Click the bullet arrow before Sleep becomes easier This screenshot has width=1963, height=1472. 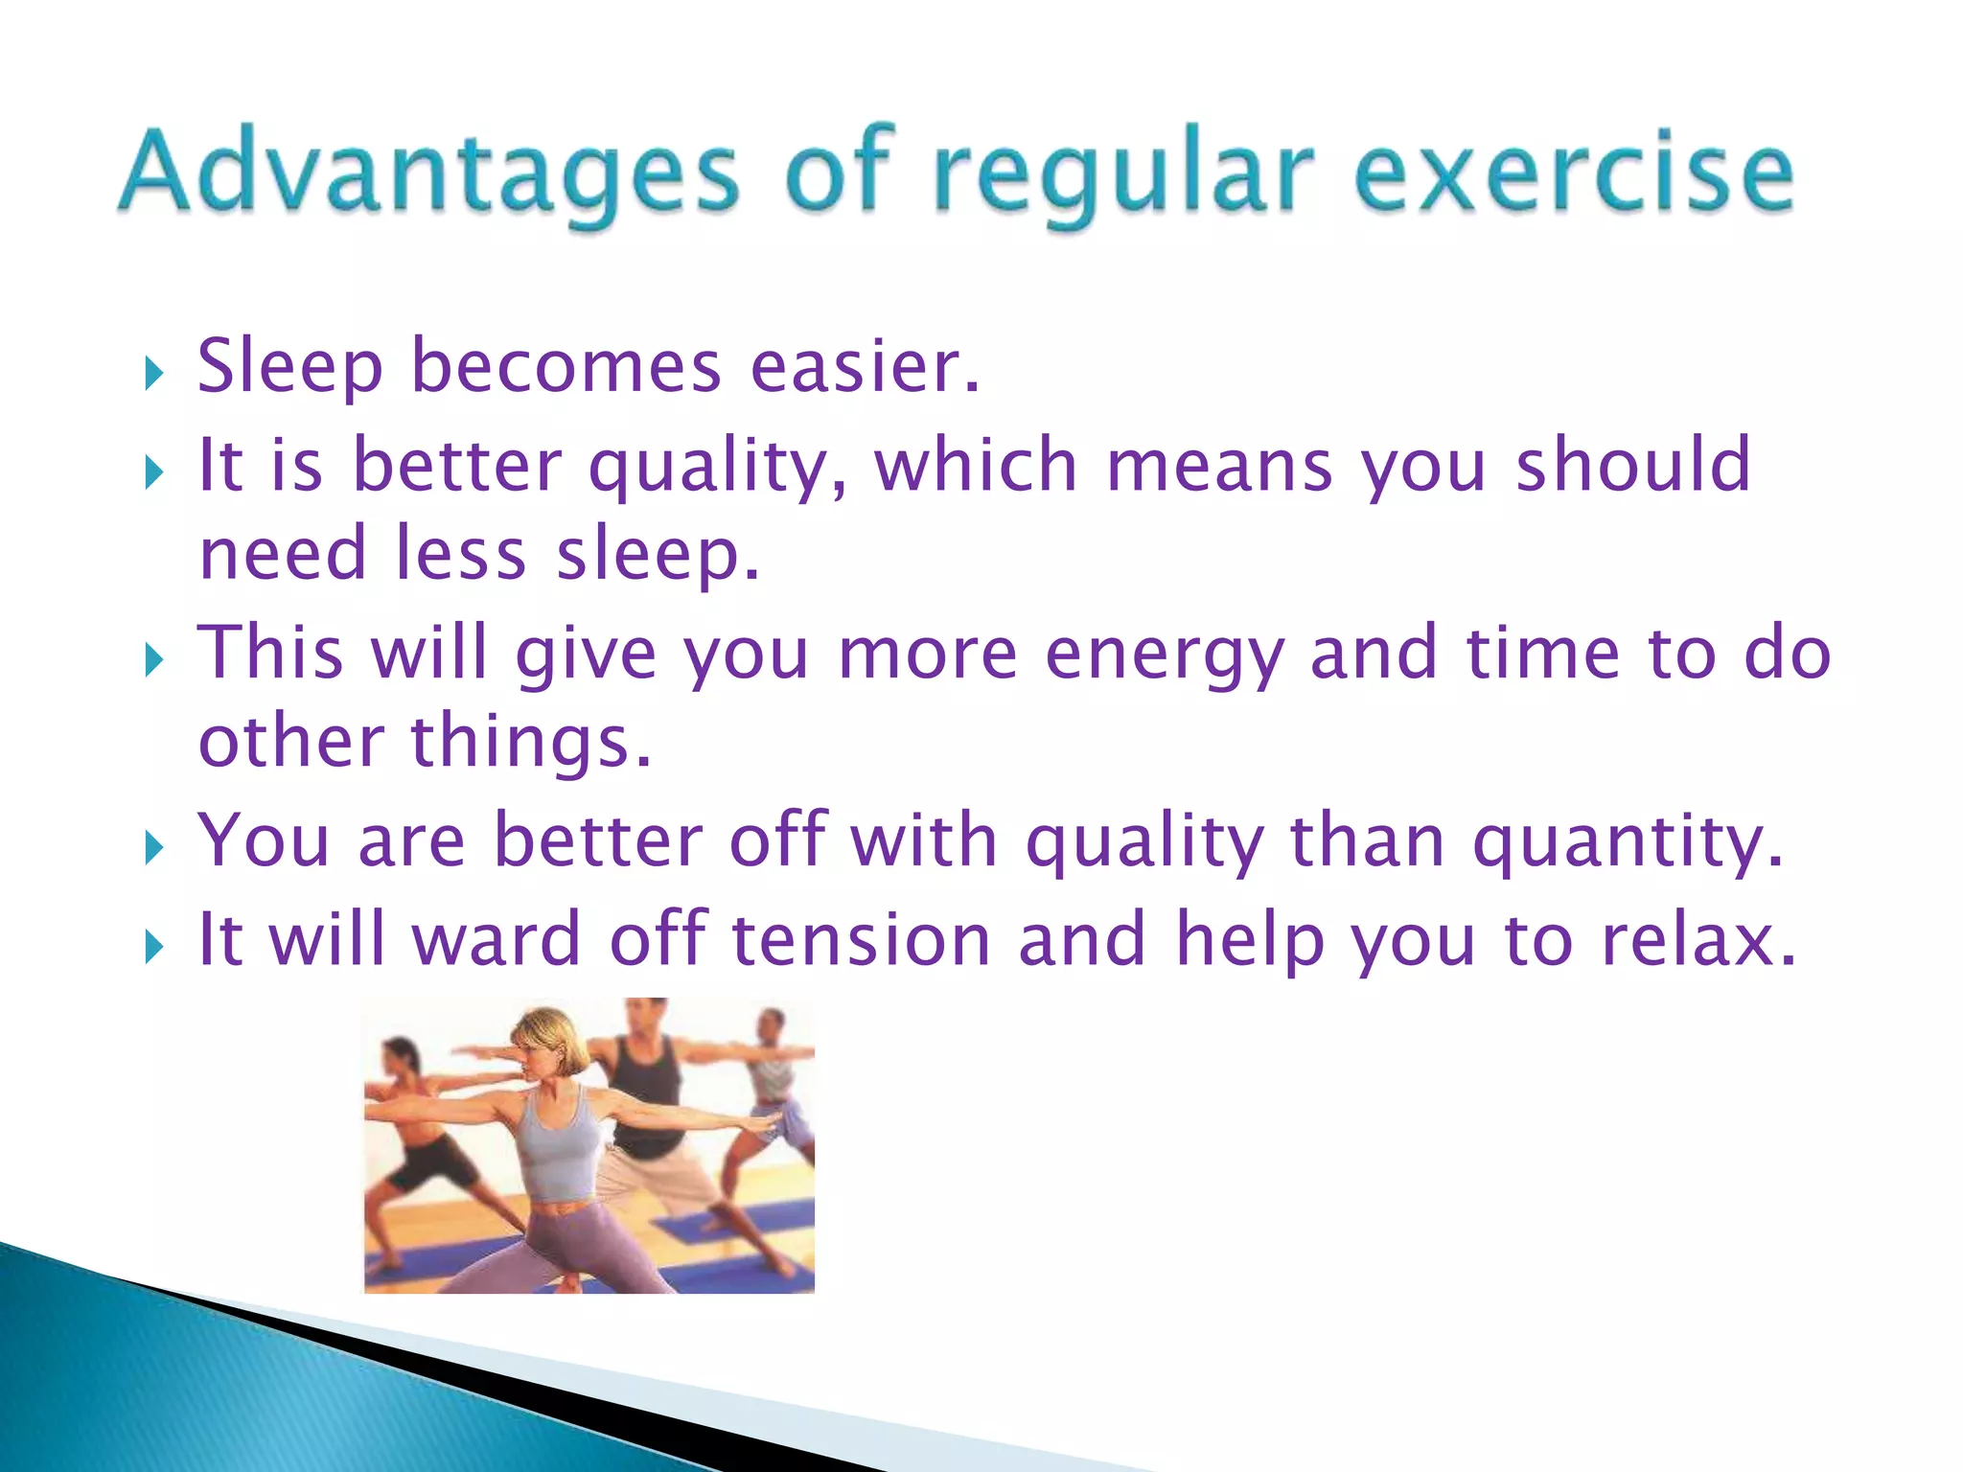(153, 374)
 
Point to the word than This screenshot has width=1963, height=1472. (1367, 841)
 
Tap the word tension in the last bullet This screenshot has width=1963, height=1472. (861, 940)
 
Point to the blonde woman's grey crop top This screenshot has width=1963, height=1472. (561, 1150)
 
